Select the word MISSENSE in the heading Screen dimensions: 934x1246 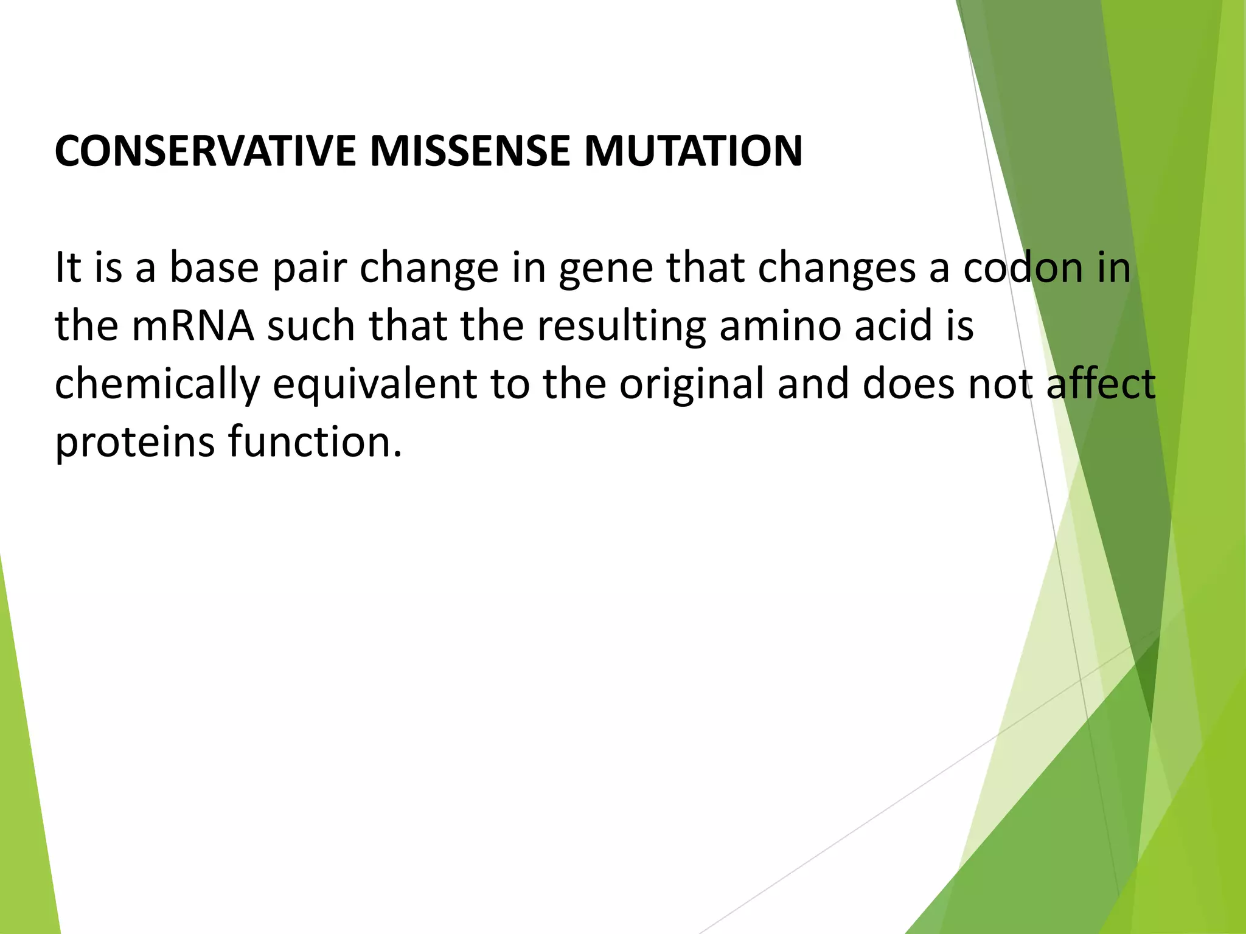[x=469, y=151]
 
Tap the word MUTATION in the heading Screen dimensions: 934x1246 [x=693, y=151]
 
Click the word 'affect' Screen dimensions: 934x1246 [x=1101, y=384]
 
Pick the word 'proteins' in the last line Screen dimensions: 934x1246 [x=134, y=443]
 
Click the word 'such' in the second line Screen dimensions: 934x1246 [x=311, y=326]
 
